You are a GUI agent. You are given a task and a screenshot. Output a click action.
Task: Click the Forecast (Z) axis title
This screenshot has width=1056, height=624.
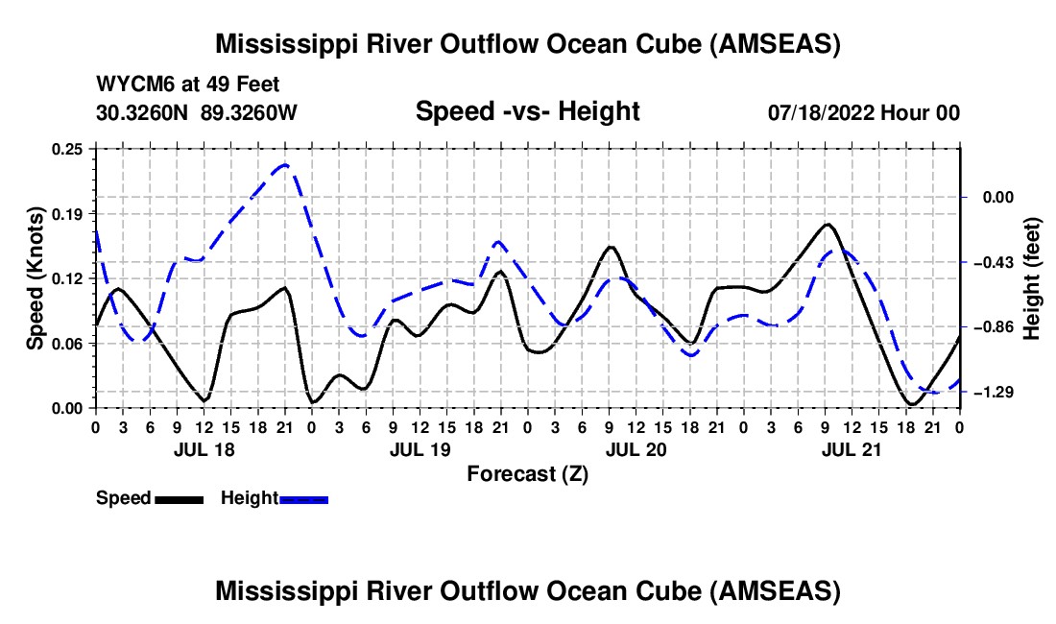pos(527,473)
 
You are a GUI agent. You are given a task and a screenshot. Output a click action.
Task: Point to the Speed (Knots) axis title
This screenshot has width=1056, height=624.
pos(36,278)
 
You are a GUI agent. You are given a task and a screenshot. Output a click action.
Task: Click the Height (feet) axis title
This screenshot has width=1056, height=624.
pos(1033,278)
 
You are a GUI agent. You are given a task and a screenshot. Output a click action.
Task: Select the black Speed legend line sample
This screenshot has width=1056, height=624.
pos(178,499)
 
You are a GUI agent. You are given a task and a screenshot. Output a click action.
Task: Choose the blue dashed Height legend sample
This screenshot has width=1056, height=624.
pos(304,499)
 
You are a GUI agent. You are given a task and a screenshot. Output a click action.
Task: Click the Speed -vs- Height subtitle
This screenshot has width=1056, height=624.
pos(527,111)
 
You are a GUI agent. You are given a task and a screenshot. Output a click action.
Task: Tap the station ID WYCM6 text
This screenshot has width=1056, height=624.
pos(131,84)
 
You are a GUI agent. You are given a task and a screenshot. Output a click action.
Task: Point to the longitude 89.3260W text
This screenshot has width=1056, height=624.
pos(250,113)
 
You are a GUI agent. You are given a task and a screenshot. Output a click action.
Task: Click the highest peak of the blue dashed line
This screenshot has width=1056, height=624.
pos(284,165)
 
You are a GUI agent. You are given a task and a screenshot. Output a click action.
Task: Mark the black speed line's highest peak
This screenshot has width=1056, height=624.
pos(828,224)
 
